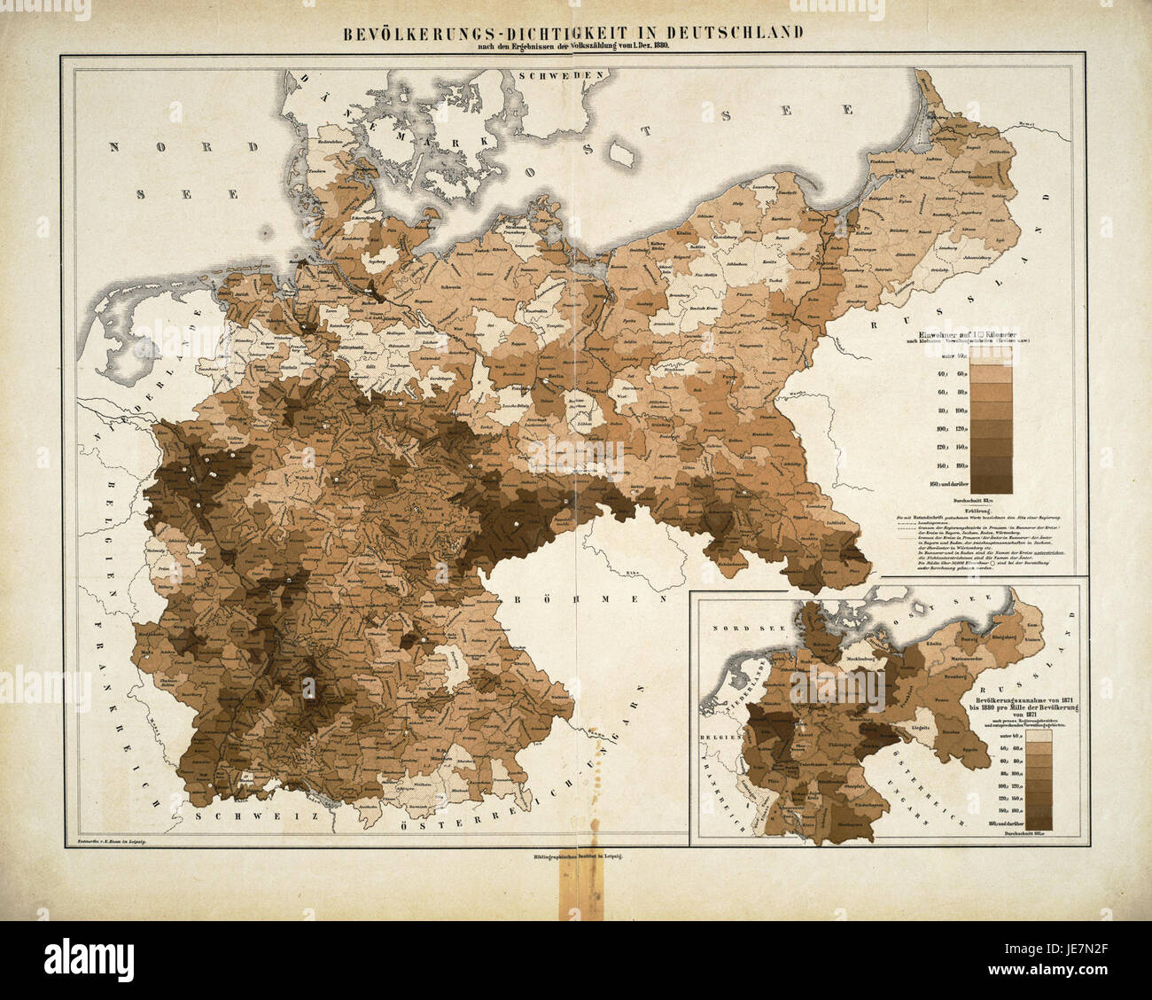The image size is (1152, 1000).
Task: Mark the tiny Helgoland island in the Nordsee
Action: pos(266,232)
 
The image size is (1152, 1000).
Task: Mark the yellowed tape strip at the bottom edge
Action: pos(575,890)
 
